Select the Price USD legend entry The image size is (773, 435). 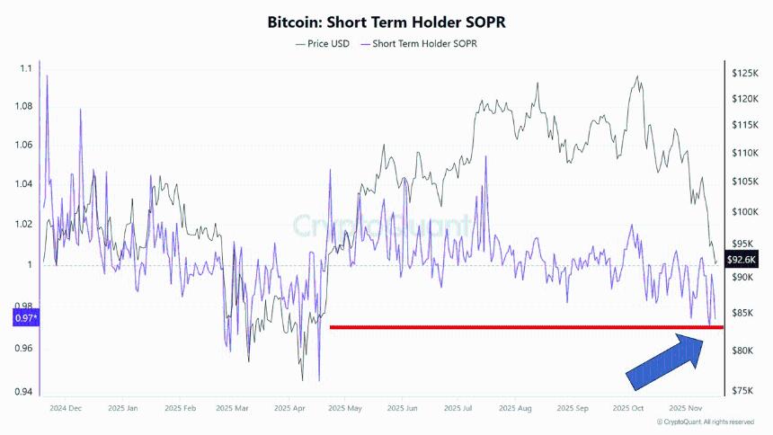323,43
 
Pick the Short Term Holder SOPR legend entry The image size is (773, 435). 419,43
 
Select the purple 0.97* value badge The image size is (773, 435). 25,318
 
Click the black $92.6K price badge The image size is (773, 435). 744,261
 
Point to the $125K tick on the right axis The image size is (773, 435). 744,73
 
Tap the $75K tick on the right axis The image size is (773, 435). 742,391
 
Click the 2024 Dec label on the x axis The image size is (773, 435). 65,408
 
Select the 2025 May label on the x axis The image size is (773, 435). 345,408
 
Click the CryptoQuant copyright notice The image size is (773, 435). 706,422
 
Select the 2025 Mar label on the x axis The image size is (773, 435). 234,408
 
